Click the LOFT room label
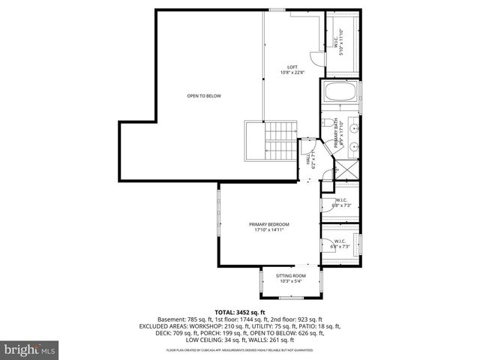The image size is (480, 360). point(292,67)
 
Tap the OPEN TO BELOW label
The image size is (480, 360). point(204,96)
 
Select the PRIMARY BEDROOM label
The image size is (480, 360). point(268,224)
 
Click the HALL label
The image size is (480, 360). point(307,160)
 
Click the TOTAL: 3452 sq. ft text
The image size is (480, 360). point(240,312)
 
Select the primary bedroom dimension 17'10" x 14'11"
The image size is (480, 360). point(268,229)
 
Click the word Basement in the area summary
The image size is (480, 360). point(169,319)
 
